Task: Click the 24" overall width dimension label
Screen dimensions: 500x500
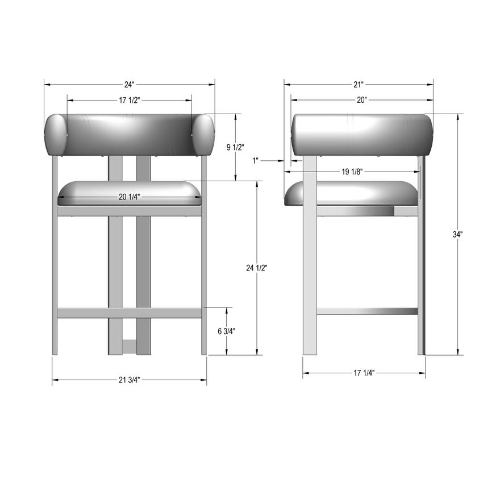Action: coord(130,85)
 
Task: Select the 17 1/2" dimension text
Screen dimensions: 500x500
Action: coord(130,100)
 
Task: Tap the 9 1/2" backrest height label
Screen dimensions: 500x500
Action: coord(235,147)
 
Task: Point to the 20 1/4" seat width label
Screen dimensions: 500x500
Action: coord(130,197)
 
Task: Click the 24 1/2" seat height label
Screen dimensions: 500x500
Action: coord(257,268)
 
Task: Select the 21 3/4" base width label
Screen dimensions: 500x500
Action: coord(130,380)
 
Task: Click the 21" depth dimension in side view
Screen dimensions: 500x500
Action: coord(359,85)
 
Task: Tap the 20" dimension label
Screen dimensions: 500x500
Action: coord(362,100)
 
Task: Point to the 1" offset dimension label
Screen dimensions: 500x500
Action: coord(256,161)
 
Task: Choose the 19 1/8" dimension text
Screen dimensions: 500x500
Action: coord(352,172)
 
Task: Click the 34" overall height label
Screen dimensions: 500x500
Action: coord(458,234)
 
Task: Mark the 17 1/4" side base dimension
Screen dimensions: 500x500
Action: coord(364,373)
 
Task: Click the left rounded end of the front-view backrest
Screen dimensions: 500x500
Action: coord(55,135)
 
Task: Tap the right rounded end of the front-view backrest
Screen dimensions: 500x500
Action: coord(203,135)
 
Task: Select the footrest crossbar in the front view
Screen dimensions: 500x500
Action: coord(130,313)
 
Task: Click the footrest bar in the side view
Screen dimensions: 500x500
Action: coord(367,311)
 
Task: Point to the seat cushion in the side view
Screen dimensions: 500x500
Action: coord(352,193)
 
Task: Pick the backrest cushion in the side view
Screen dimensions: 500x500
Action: coord(362,135)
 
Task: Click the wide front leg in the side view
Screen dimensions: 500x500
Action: coord(310,256)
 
